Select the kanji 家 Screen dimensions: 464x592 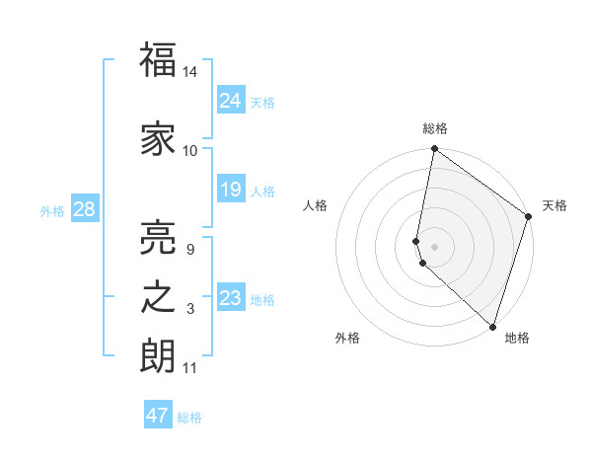pyautogui.click(x=158, y=138)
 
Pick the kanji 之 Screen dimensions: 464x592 pyautogui.click(x=158, y=297)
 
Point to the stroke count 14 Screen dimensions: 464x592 pyautogui.click(x=190, y=72)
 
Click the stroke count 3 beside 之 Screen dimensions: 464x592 pyautogui.click(x=190, y=309)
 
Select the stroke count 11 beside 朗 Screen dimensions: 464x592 pyautogui.click(x=190, y=368)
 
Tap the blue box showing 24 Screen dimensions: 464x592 pyautogui.click(x=230, y=100)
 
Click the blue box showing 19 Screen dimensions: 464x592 pyautogui.click(x=230, y=190)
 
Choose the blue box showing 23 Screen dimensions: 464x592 pyautogui.click(x=230, y=298)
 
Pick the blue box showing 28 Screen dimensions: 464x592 pyautogui.click(x=83, y=208)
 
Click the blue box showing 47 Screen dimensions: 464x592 pyautogui.click(x=157, y=416)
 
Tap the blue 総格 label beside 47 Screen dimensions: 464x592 pyautogui.click(x=189, y=418)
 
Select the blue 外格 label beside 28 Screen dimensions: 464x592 pyautogui.click(x=52, y=210)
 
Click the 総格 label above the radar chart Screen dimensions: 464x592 pyautogui.click(x=435, y=129)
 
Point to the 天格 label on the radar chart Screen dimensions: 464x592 pyautogui.click(x=555, y=205)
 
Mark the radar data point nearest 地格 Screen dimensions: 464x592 pyautogui.click(x=492, y=327)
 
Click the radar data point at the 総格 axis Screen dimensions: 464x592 pyautogui.click(x=434, y=150)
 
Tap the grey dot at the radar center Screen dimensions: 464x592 pyautogui.click(x=434, y=245)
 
